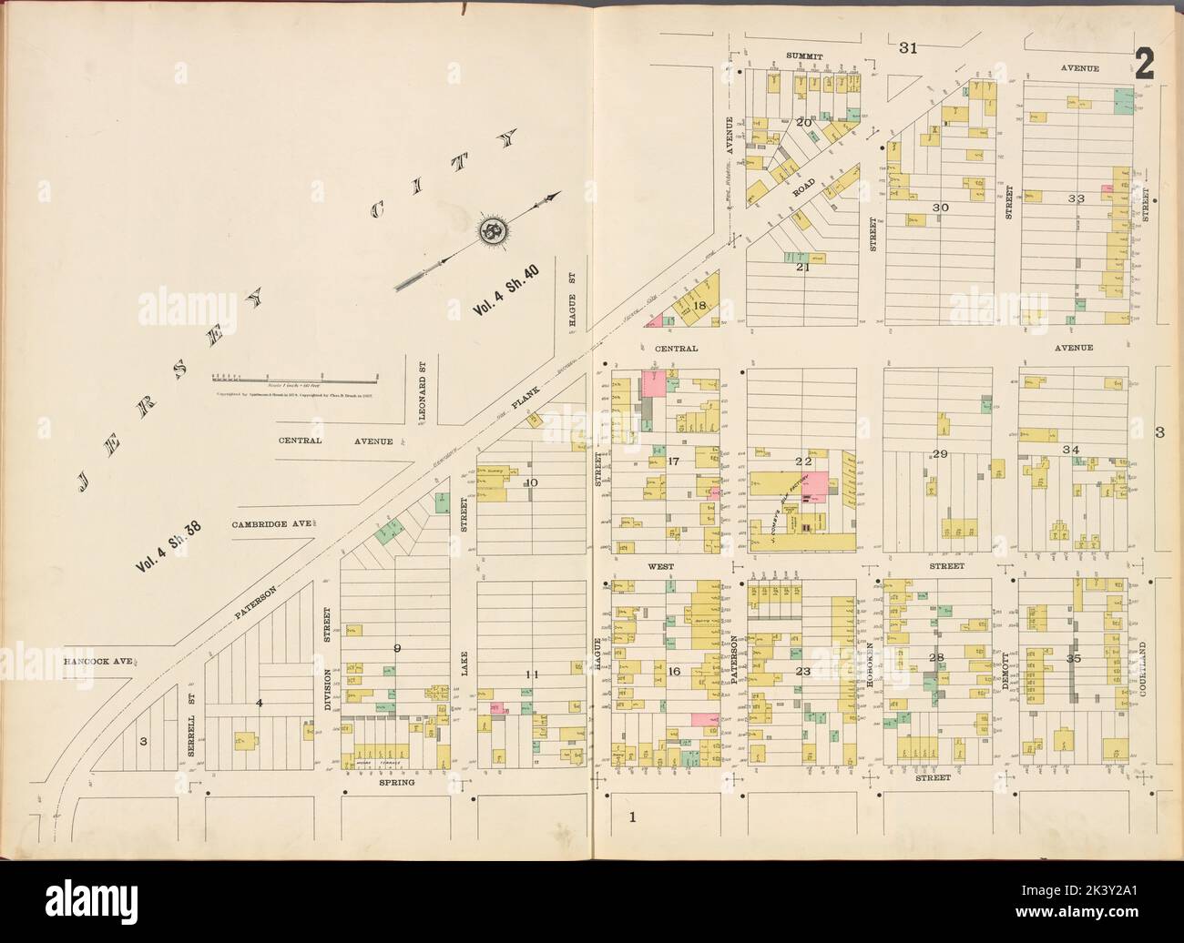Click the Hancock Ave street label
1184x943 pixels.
pyautogui.click(x=99, y=662)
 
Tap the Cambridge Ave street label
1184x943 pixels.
pyautogui.click(x=271, y=524)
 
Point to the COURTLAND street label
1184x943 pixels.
pyautogui.click(x=1141, y=670)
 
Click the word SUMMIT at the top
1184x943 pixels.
pyautogui.click(x=804, y=56)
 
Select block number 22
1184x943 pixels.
pyautogui.click(x=802, y=461)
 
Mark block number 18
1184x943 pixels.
pyautogui.click(x=699, y=306)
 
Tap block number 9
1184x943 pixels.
pyautogui.click(x=396, y=648)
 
